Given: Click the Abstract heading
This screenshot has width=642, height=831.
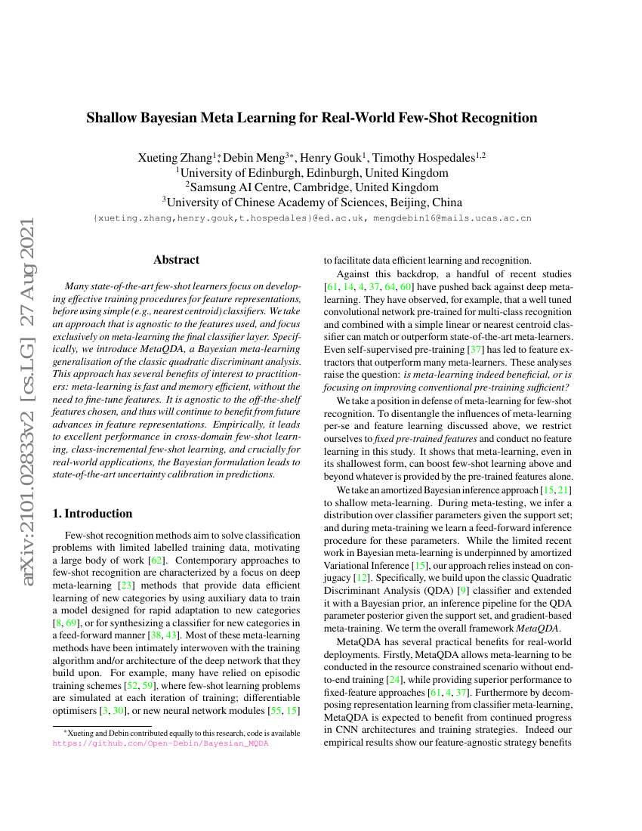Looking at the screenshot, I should point(176,260).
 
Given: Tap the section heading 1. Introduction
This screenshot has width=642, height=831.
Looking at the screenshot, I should point(92,514).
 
